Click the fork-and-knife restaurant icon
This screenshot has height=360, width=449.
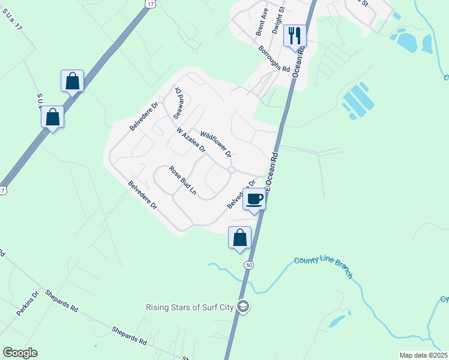[x=294, y=35]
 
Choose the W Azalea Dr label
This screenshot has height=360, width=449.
[x=191, y=139]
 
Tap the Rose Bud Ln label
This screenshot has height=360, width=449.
[x=182, y=181]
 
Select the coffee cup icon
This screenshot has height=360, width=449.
[x=254, y=198]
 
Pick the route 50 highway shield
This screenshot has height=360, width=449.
[x=248, y=265]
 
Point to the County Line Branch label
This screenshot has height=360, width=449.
[x=323, y=268]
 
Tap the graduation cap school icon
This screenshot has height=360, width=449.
[x=243, y=307]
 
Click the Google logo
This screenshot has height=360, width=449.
[x=20, y=353]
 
